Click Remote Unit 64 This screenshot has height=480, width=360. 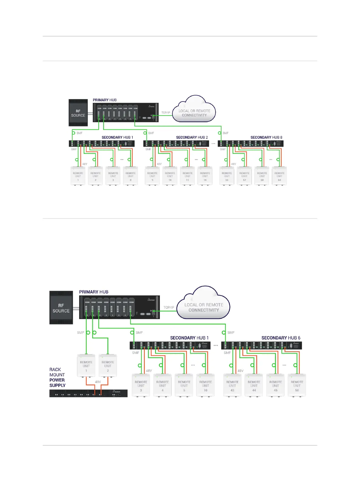point(279,176)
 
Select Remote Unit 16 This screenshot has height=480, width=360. point(205,176)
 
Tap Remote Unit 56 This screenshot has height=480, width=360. point(227,176)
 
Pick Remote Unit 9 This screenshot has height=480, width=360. point(152,176)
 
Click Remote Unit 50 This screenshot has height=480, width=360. point(297,385)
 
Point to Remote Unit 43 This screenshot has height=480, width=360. point(232,385)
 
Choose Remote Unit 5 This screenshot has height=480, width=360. point(184,385)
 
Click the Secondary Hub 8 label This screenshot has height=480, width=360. point(266,137)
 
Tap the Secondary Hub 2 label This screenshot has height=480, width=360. point(192,137)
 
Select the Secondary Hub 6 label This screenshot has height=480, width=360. point(281,338)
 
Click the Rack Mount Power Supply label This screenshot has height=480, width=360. point(57,377)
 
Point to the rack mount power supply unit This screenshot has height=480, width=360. point(88,393)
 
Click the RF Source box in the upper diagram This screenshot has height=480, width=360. point(78,113)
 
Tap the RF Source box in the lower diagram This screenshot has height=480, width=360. point(61,308)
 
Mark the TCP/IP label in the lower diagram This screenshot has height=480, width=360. point(169,307)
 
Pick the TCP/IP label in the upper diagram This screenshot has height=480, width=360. point(166,113)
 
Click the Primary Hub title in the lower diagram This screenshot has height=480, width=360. point(94,292)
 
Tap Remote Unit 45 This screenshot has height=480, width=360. point(275,385)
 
